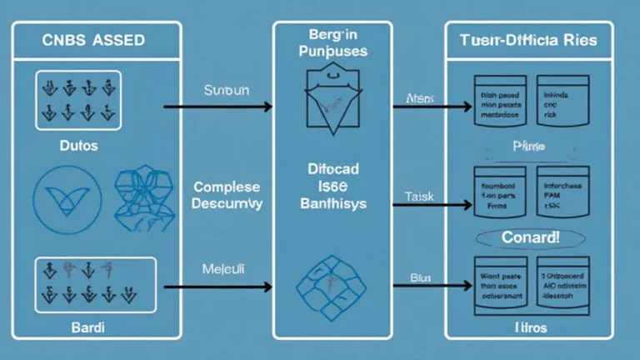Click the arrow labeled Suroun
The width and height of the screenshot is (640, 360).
pyautogui.click(x=217, y=107)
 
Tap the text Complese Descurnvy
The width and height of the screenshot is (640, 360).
pyautogui.click(x=226, y=195)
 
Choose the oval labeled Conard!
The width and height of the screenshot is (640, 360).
pyautogui.click(x=531, y=238)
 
